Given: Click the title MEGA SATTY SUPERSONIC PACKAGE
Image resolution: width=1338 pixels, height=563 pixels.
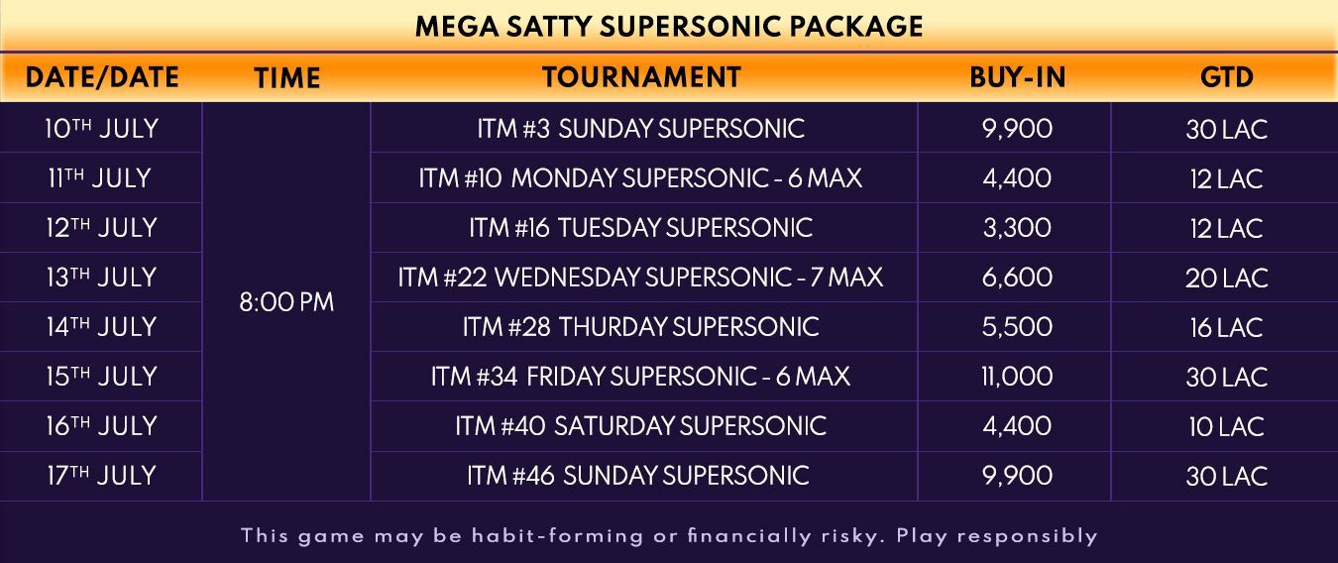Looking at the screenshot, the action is point(669,27).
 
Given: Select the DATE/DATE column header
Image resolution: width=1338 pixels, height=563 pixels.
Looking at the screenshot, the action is point(102,77).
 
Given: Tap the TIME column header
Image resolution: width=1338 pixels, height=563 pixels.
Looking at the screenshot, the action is point(287,78).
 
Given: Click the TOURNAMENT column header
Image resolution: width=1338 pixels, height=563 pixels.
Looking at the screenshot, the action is point(641,77).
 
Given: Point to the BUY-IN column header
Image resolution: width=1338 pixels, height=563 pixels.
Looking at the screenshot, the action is point(1017,77).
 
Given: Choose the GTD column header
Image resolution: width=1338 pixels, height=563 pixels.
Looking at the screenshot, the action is point(1227,77).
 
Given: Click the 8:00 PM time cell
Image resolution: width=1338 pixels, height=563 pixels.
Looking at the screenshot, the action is point(286,302).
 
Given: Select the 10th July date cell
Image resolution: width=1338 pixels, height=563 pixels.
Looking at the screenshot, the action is point(101,129).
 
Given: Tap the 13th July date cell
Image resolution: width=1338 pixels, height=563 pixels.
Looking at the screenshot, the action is point(101,278).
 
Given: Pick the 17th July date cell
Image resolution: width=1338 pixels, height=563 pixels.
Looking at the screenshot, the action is point(101,476).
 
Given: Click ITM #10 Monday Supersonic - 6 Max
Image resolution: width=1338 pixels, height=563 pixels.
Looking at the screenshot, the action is point(640,178).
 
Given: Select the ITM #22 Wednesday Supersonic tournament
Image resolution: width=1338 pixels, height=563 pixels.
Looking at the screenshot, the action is point(640,278).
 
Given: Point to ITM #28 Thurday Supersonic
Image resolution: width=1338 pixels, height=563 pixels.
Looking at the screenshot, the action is point(640,327).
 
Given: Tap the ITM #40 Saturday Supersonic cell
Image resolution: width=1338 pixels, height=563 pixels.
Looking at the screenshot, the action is point(640,426).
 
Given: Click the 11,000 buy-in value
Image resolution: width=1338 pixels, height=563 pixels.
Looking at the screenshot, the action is point(1017,377).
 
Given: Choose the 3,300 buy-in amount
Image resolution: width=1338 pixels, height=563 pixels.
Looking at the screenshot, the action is point(1017,228).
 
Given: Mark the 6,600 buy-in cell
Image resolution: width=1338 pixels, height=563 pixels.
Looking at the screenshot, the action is point(1017,278).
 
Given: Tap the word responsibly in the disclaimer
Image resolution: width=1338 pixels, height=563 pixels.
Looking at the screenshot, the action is point(1028,536).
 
